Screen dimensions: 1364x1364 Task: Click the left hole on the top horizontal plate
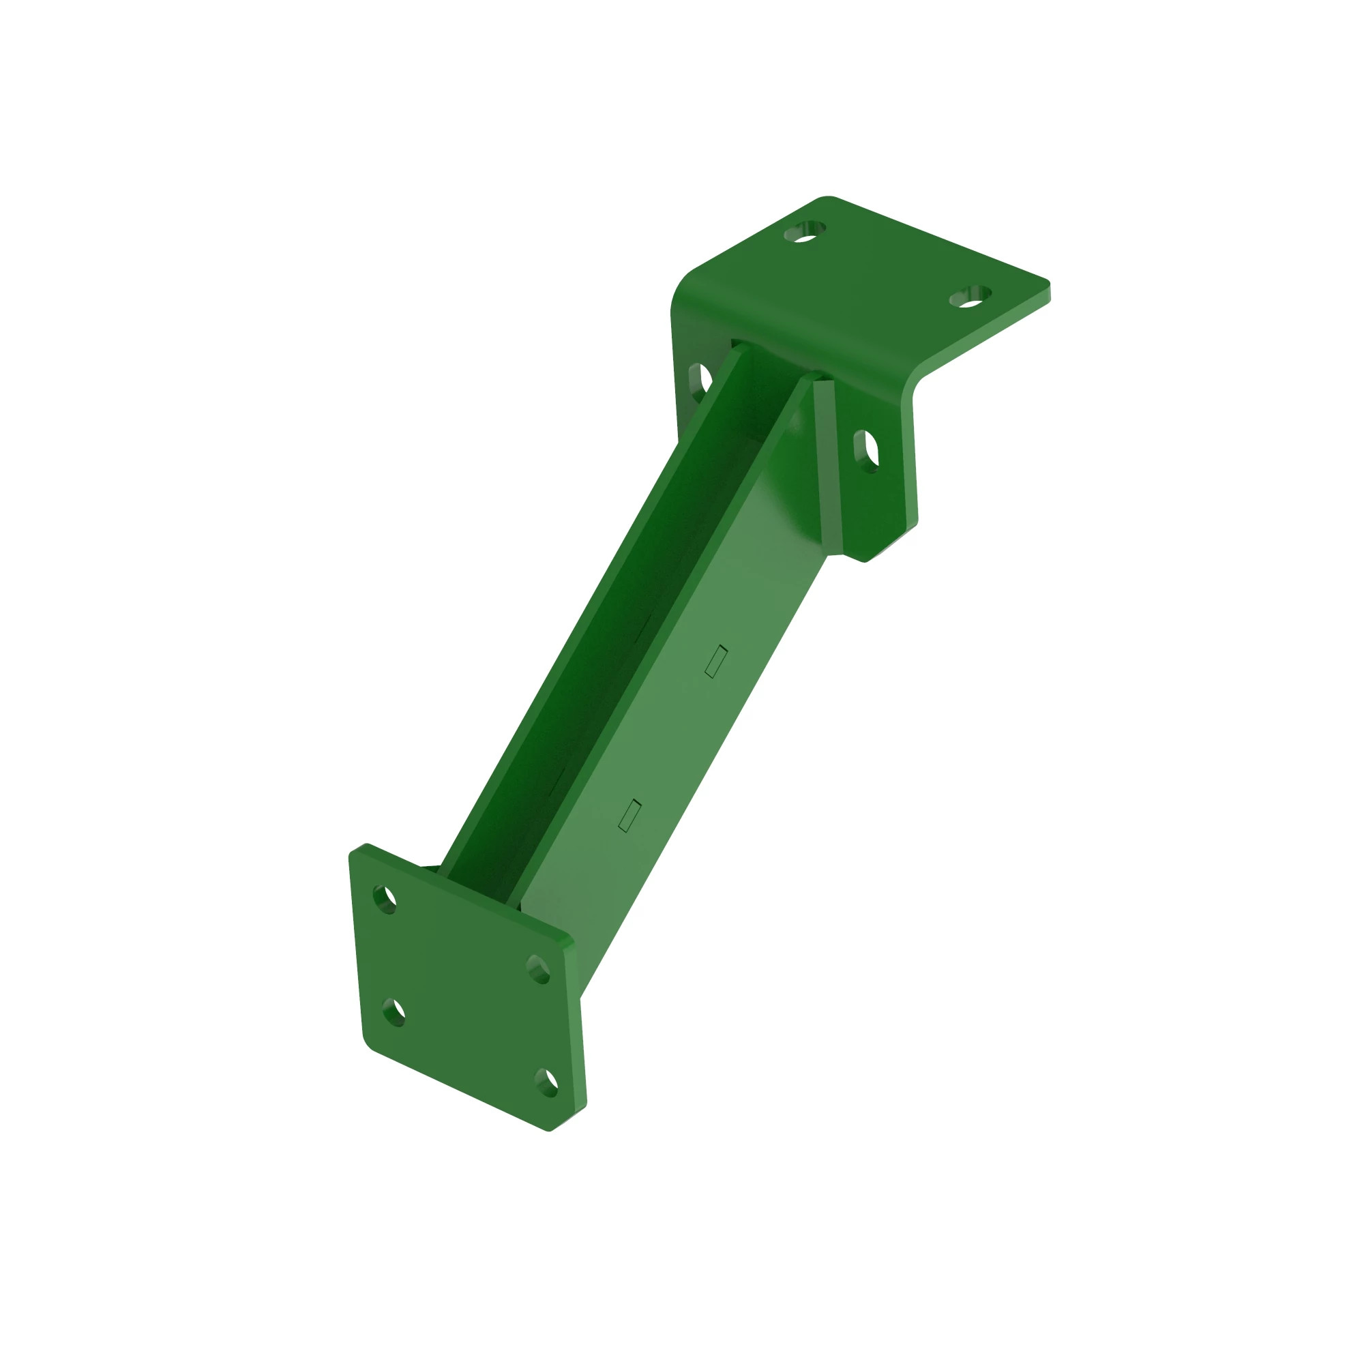point(805,232)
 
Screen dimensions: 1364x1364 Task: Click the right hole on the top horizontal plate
point(970,297)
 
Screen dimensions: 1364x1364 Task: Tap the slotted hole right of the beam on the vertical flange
point(867,449)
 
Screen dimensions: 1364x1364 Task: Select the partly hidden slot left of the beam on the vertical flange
point(700,380)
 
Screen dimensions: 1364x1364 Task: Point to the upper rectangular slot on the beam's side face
point(716,662)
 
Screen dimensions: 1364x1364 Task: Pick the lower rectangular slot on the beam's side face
point(629,816)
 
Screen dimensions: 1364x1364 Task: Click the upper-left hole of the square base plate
point(385,900)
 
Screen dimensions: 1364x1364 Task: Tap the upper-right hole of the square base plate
point(539,969)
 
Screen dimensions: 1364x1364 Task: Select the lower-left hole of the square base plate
point(394,1012)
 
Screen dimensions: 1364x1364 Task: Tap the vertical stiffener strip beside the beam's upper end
point(828,466)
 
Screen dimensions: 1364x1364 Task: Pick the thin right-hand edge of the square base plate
point(576,1024)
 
